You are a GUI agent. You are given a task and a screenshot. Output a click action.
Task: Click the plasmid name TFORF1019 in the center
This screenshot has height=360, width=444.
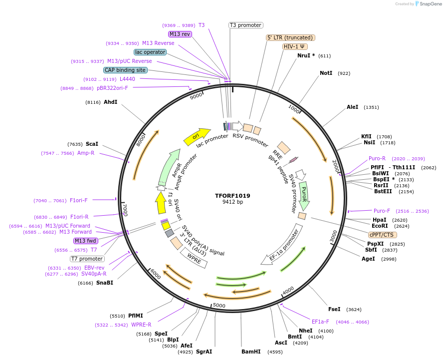click(x=232, y=196)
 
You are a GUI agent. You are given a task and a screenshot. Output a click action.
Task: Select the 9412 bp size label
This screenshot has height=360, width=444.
click(x=232, y=202)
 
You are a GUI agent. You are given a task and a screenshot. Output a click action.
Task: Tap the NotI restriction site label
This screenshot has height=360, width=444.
click(x=326, y=73)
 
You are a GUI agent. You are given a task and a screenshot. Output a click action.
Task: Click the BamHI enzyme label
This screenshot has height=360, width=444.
click(x=251, y=352)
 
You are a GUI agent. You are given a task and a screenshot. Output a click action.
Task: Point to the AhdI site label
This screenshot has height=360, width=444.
click(x=110, y=102)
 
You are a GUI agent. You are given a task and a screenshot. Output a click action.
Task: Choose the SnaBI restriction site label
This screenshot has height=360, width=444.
click(x=104, y=283)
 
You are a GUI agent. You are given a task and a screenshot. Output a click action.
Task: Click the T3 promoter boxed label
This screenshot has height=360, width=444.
click(x=245, y=25)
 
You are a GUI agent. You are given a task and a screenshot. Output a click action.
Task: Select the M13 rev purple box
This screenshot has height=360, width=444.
click(x=180, y=34)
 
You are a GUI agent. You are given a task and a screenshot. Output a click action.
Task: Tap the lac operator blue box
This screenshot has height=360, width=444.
click(x=150, y=52)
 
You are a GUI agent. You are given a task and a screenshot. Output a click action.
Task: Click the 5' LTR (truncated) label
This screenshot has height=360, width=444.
click(x=290, y=37)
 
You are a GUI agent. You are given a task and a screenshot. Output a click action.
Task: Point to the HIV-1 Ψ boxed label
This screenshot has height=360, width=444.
click(x=295, y=46)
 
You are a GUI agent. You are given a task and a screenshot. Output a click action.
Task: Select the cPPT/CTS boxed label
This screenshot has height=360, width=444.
click(x=382, y=235)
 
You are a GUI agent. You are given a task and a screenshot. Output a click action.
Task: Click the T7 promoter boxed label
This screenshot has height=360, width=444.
click(x=87, y=259)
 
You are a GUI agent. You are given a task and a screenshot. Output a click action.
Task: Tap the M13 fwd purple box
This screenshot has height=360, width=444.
click(x=85, y=241)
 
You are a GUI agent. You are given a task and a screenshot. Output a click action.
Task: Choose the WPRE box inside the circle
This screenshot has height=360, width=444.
click(x=194, y=258)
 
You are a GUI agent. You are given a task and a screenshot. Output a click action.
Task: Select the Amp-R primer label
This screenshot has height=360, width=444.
click(x=85, y=153)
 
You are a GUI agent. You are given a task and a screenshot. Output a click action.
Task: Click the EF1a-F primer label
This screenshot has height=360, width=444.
click(x=320, y=322)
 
